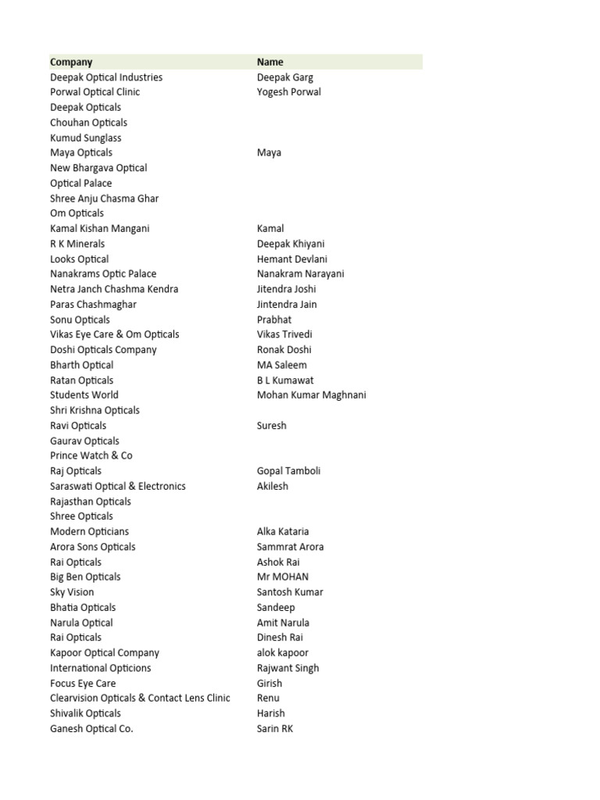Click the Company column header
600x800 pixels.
[x=71, y=62]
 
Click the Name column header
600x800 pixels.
[x=270, y=62]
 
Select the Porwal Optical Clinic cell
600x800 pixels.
[x=95, y=92]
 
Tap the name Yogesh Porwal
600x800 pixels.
[x=289, y=92]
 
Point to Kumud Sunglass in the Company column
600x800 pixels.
[x=86, y=137]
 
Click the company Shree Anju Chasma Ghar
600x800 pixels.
[x=105, y=198]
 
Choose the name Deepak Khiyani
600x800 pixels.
[x=291, y=244]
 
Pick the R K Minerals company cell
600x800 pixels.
[x=77, y=244]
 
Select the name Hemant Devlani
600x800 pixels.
[x=292, y=259]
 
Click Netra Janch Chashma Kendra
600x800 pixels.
[x=114, y=289]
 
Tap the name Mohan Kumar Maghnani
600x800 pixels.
[x=312, y=395]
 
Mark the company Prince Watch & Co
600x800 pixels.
[x=91, y=455]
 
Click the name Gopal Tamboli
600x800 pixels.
[x=289, y=471]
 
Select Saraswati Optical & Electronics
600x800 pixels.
[x=118, y=486]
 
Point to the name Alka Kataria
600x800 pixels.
[x=283, y=531]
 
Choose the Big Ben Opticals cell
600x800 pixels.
[x=86, y=577]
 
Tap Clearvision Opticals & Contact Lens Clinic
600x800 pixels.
[x=141, y=698]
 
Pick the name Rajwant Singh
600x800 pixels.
[x=288, y=668]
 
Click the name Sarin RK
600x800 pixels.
[x=275, y=729]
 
